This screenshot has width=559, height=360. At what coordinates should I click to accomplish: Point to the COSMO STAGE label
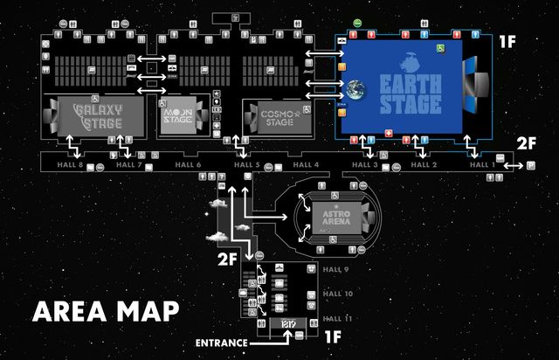pyautogui.click(x=276, y=117)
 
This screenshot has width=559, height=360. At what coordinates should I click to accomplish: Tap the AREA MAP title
pyautogui.click(x=106, y=311)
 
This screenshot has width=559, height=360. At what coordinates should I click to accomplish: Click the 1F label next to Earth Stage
pyautogui.click(x=507, y=41)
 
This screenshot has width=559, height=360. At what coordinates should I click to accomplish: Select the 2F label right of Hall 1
pyautogui.click(x=527, y=142)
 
